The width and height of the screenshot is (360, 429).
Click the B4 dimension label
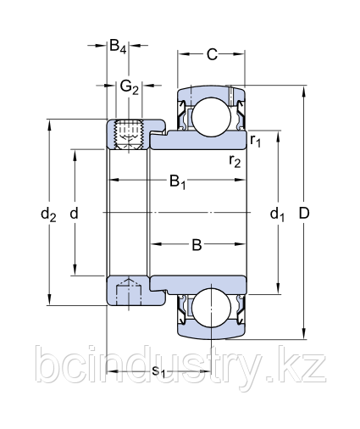point(119,47)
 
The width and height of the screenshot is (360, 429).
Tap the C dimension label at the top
point(212,55)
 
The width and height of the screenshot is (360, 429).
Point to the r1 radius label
point(256,140)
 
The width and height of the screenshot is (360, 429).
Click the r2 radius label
point(235,160)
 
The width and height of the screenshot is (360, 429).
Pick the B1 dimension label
point(178,181)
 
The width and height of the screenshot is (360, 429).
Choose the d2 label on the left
point(48,214)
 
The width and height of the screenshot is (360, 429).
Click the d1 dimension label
point(277,214)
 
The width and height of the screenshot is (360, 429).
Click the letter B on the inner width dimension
point(196,246)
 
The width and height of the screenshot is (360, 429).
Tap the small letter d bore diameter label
point(75,214)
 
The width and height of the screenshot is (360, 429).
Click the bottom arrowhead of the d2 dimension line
point(50,301)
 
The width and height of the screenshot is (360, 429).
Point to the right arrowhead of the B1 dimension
point(242,181)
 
